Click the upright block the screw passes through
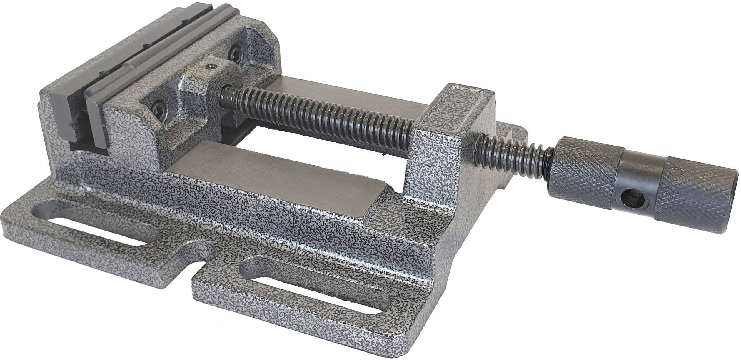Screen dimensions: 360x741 [450, 147]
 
